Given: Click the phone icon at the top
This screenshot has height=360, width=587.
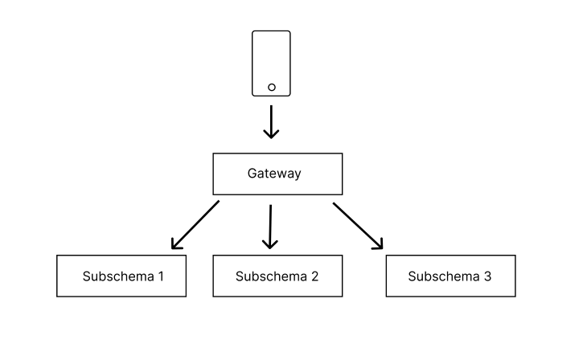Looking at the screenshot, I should (271, 63).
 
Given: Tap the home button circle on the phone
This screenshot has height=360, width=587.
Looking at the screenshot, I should (271, 87).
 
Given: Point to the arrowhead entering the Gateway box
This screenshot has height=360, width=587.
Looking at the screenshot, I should (271, 133).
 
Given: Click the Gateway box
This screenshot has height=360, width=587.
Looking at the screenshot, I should (277, 174).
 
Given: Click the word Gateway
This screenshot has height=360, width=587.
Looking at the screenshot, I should (274, 174).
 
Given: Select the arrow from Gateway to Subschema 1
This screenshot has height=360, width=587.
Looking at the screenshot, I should (195, 224).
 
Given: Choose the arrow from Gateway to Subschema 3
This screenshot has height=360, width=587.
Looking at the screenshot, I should (357, 225).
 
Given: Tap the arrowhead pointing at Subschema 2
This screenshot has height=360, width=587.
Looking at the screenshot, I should (270, 243).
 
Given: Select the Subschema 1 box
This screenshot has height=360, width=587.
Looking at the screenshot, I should (121, 276).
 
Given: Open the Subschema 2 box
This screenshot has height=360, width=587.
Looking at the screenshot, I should (277, 276).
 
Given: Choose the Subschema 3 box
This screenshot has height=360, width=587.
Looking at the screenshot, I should (450, 276).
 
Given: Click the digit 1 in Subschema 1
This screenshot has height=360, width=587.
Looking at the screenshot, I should (161, 276).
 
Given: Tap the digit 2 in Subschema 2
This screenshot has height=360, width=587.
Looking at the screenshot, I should (314, 276).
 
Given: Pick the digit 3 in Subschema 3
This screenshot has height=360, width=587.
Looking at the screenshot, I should (487, 276).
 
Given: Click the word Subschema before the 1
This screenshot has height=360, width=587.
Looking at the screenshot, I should (117, 276).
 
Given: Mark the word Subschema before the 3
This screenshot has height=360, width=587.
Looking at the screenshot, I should (443, 276).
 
